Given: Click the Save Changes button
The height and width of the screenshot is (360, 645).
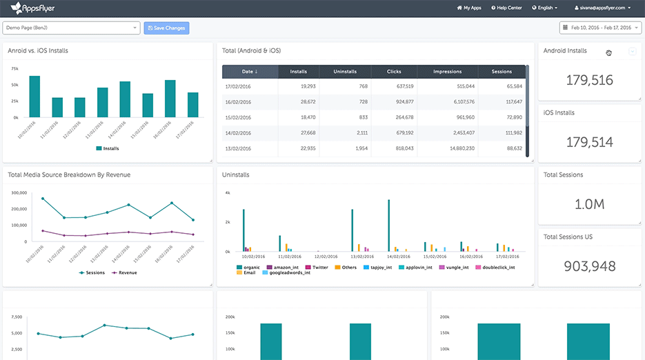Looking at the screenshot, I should tap(166, 28).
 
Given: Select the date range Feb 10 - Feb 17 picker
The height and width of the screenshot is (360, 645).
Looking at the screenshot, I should tap(600, 28).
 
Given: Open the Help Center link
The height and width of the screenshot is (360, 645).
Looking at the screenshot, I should tap(507, 8).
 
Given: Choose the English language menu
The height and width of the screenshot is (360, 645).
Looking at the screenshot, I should tap(546, 8).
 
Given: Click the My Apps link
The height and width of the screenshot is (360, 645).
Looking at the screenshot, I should tap(469, 8).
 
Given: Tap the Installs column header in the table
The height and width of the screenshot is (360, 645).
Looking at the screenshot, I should tap(299, 72).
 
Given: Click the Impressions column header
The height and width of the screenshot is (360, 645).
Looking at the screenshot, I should tap(448, 72).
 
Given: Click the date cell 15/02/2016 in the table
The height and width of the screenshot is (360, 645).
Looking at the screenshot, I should tap(238, 117).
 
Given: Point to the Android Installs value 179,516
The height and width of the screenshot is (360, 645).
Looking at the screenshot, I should tap(589, 80).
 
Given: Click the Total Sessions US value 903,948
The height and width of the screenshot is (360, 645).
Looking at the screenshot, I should tap(589, 266).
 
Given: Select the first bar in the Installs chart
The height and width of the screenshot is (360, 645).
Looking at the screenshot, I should tap(34, 97).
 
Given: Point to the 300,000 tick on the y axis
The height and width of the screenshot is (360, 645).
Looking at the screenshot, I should tap(19, 193).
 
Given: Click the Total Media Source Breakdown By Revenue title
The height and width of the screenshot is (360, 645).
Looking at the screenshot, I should tap(69, 174).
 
